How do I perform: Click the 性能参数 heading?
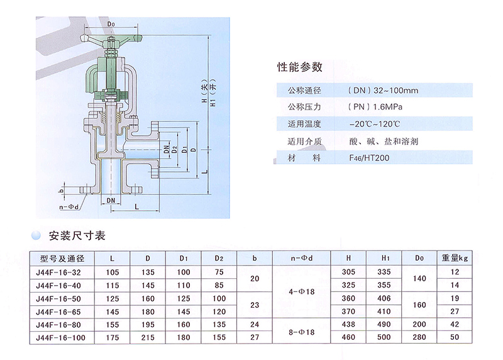click(300, 66)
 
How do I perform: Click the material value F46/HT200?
click(369, 158)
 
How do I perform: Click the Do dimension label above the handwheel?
click(111, 25)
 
